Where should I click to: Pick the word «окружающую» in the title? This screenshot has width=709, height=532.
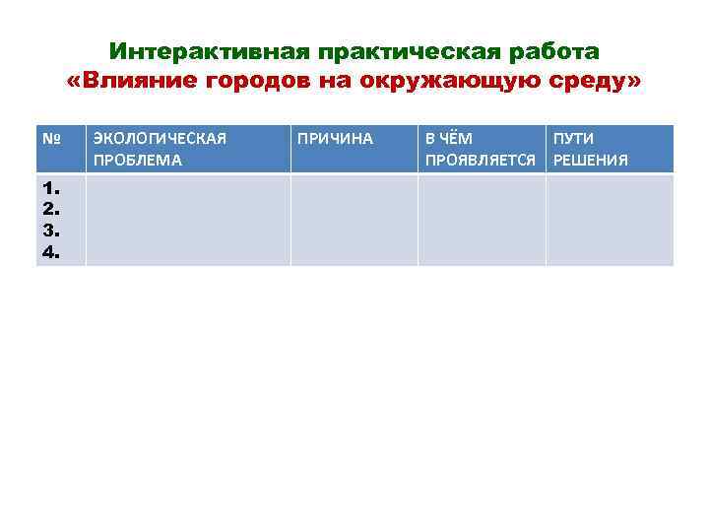pyautogui.click(x=438, y=82)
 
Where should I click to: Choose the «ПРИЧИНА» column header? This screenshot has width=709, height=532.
pyautogui.click(x=335, y=139)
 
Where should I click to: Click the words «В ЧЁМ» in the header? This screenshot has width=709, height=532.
pyautogui.click(x=449, y=139)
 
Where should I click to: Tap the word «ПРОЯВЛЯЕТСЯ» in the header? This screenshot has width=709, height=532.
pyautogui.click(x=480, y=161)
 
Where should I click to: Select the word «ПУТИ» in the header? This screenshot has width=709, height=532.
pyautogui.click(x=573, y=139)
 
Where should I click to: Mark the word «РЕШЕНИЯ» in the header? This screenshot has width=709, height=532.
pyautogui.click(x=591, y=161)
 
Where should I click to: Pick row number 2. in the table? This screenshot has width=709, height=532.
pyautogui.click(x=50, y=209)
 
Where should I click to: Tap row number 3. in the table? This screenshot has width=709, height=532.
pyautogui.click(x=50, y=231)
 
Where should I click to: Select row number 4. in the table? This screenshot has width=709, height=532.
pyautogui.click(x=50, y=252)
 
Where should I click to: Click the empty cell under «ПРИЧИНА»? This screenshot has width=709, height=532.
pyautogui.click(x=354, y=220)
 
